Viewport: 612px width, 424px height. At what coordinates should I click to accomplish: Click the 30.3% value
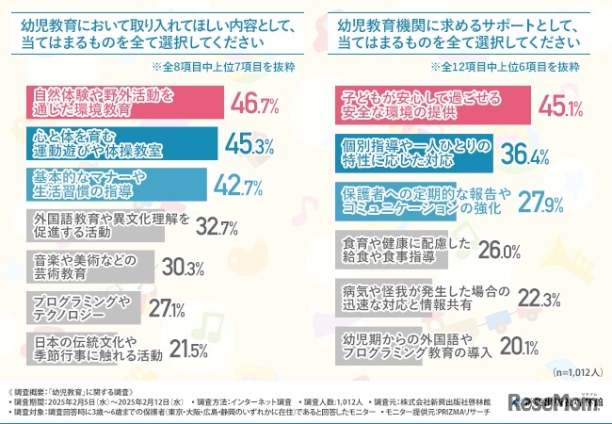pyautogui.click(x=184, y=267)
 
